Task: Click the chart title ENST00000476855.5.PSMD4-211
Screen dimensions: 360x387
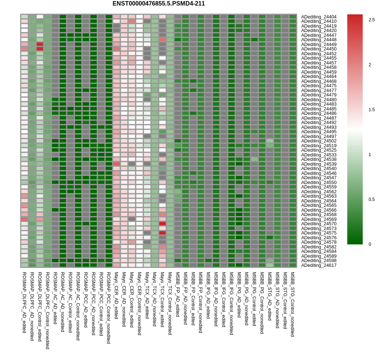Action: [x=159, y=4]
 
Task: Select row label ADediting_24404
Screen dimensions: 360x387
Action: [x=319, y=17]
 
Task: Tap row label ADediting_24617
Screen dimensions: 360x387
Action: [x=319, y=265]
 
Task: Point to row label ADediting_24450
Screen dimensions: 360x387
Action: [x=319, y=49]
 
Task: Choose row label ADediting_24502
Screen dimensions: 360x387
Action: [x=319, y=141]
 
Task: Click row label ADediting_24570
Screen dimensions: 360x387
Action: [x=319, y=224]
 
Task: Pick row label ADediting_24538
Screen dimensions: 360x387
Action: [x=319, y=159]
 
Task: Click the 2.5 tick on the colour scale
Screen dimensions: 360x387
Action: [x=372, y=20]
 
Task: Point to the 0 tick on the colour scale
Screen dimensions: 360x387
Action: [x=370, y=244]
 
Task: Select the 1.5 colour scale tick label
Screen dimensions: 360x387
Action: [x=372, y=110]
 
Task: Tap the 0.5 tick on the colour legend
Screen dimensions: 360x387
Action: [x=372, y=200]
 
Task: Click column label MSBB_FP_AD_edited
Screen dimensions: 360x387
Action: [x=178, y=294]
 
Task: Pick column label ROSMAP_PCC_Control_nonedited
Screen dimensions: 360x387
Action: [x=109, y=308]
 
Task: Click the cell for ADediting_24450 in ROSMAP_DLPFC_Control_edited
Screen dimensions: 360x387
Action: [x=40, y=49]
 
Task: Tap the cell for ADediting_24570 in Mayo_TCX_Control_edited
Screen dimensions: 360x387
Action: [x=162, y=223]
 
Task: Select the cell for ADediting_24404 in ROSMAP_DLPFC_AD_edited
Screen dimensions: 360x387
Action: [x=24, y=17]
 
